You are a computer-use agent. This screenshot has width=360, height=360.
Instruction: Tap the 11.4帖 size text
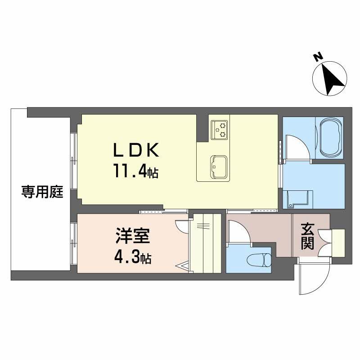click(135, 171)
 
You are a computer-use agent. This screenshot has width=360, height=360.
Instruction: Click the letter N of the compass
click(318, 57)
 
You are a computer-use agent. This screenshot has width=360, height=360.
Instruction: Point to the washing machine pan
click(298, 199)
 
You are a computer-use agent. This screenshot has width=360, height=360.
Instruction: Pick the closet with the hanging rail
click(205, 243)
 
